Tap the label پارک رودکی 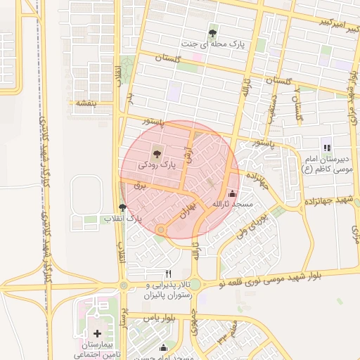156,164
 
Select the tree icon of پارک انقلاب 123,207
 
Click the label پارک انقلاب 124,219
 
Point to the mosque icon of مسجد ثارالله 232,193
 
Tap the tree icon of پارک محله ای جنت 212,32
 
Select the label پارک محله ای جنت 212,44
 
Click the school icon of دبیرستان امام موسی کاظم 326,148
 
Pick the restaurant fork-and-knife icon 167,273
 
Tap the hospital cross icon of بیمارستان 97,333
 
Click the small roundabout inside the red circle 162,229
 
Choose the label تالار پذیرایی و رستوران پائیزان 169,290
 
